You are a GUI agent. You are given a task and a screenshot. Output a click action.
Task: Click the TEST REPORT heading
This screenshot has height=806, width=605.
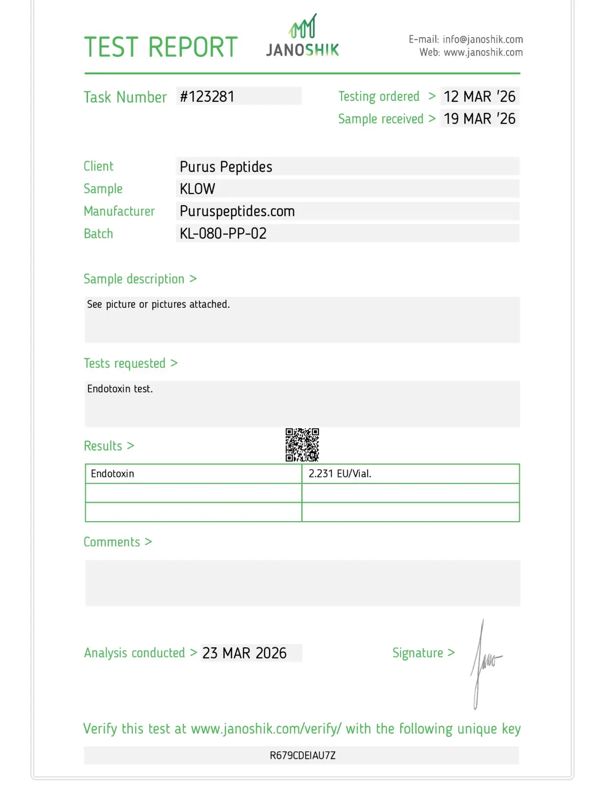coord(161,47)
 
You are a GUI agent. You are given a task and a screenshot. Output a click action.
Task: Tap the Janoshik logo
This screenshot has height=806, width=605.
coord(302,37)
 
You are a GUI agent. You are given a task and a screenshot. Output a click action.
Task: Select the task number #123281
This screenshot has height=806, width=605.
coord(207,97)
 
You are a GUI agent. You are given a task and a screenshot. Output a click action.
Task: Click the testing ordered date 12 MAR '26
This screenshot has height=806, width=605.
coord(479,96)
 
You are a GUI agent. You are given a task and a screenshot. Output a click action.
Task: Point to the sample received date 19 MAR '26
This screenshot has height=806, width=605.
coord(479,119)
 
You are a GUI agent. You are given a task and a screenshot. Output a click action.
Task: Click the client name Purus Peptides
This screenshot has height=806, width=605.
coord(226,167)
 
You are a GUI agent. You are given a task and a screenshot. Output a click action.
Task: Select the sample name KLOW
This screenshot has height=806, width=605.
coord(198,189)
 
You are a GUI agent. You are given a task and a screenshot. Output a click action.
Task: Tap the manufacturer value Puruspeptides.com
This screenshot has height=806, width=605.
coord(237,211)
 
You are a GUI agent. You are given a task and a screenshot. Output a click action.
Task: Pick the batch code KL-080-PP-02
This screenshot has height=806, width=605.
coord(223,233)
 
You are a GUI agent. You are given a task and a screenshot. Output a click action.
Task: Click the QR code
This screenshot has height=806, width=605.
coord(302,445)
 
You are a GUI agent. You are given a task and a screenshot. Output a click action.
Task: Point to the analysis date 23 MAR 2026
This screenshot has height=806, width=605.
coord(245,653)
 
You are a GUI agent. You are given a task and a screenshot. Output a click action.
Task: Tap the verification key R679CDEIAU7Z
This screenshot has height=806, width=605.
coord(302,755)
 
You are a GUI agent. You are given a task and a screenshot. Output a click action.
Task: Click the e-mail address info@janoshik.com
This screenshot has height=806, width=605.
coord(483,39)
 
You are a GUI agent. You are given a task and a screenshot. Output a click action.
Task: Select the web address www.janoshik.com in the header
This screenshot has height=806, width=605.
coord(483,52)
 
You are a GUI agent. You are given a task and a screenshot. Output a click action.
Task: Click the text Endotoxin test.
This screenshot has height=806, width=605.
coord(120,389)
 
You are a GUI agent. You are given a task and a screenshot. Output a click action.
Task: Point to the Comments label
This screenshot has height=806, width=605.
coord(112,542)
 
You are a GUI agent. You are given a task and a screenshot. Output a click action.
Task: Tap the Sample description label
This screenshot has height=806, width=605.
coord(134,279)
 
